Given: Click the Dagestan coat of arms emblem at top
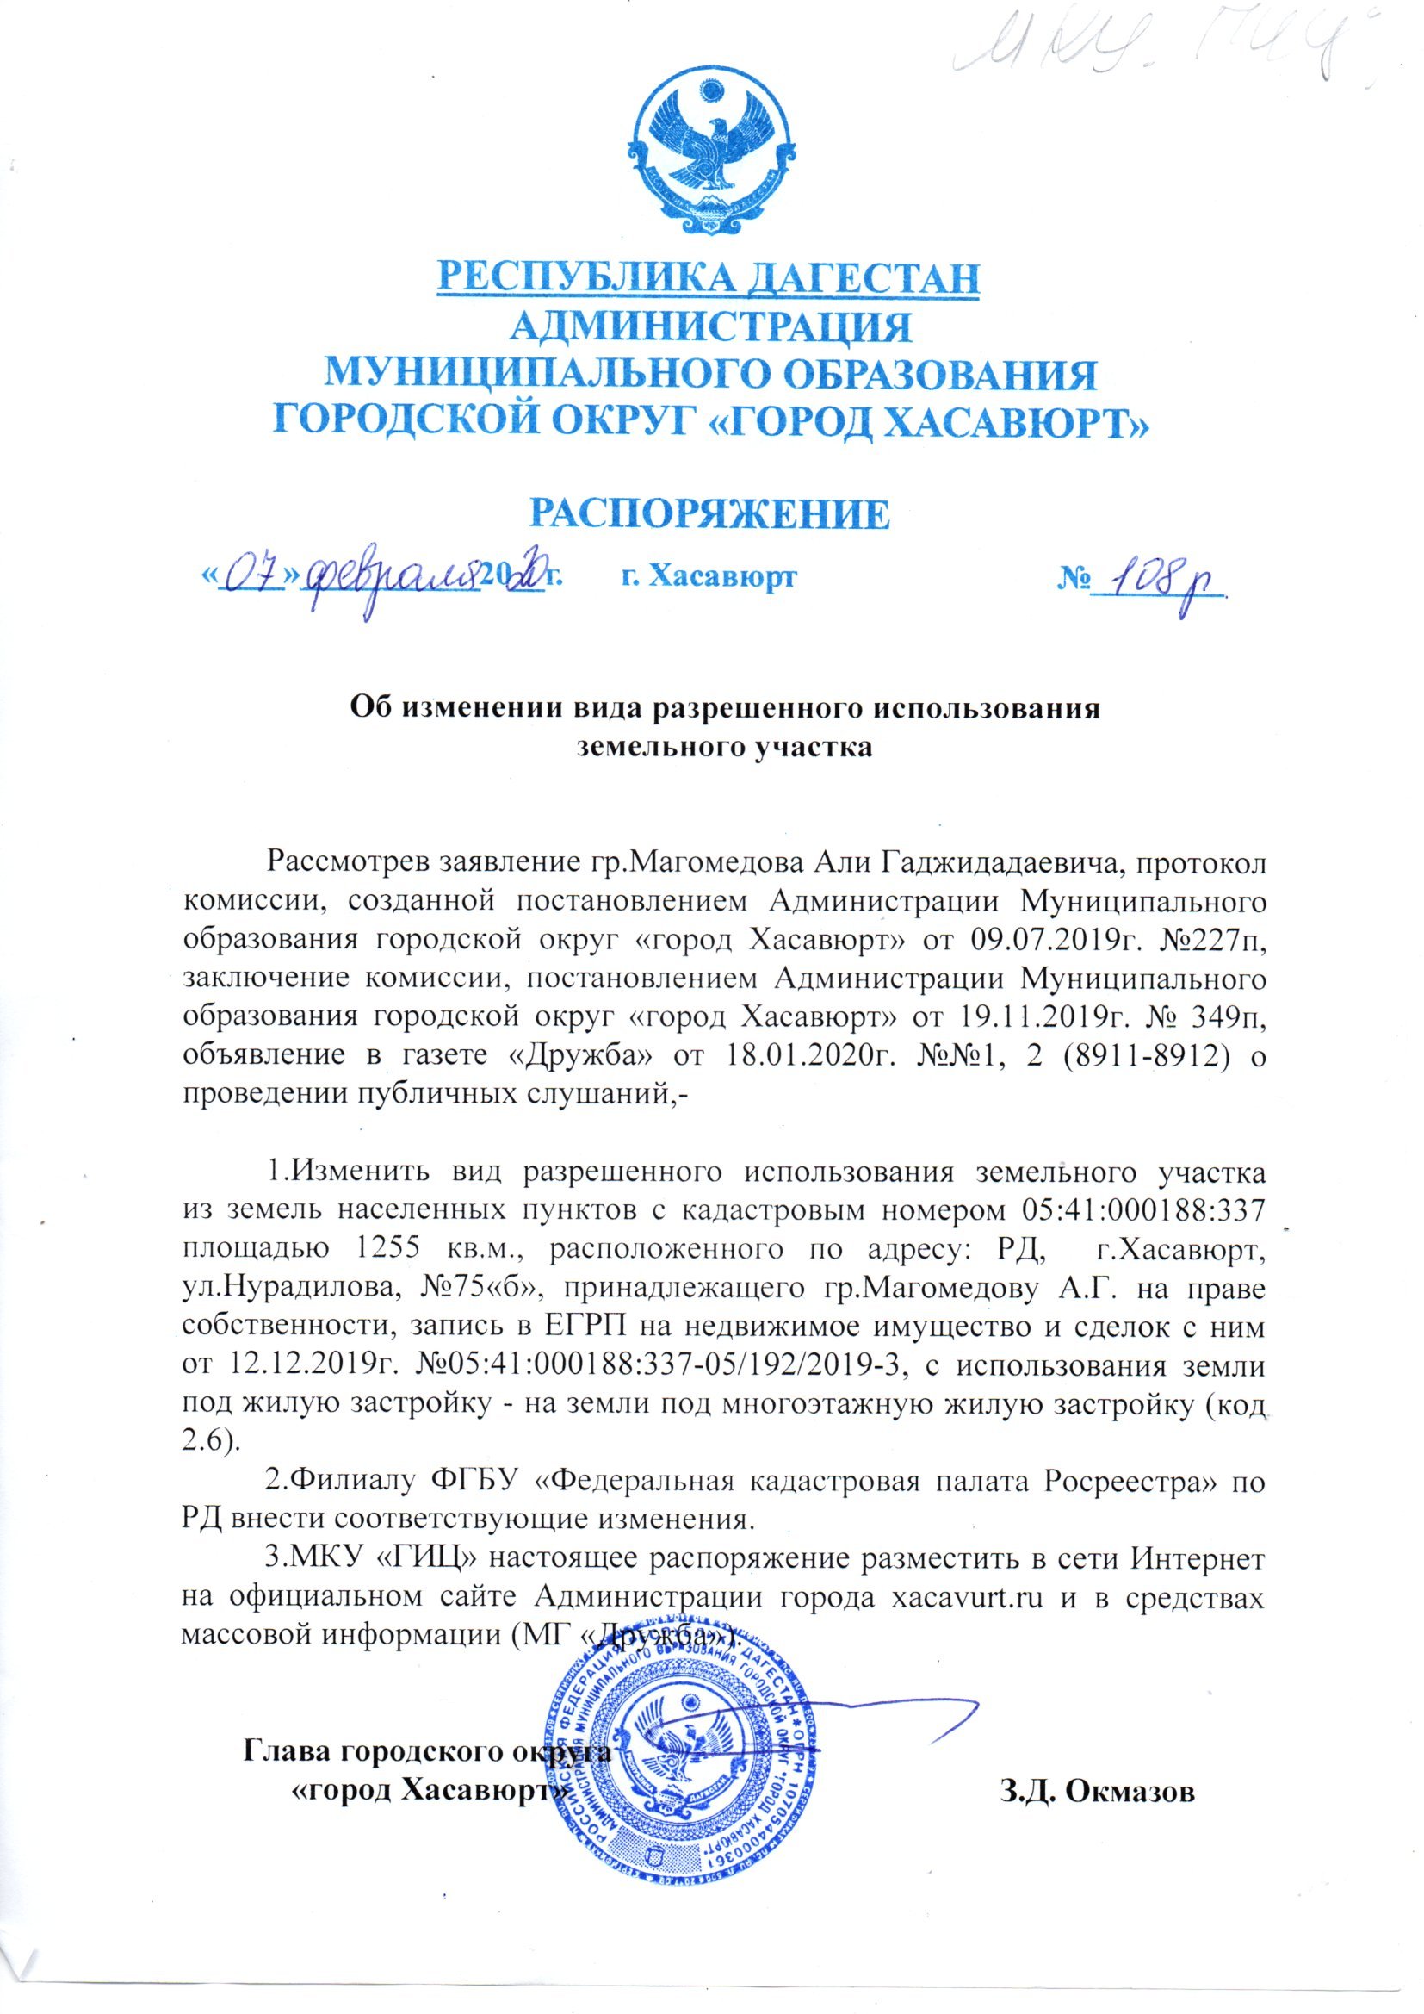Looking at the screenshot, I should pyautogui.click(x=711, y=147).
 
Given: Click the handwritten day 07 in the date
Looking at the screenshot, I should pyautogui.click(x=257, y=576).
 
